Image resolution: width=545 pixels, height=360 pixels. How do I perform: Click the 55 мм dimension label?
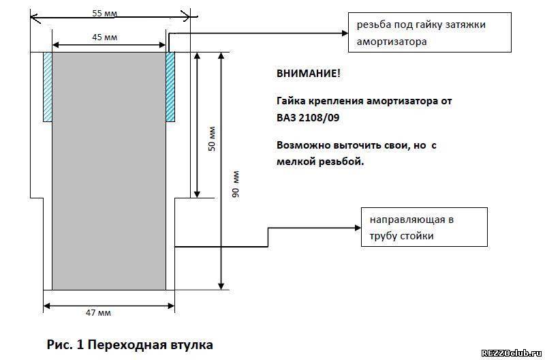105,14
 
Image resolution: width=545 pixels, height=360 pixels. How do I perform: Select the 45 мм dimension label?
105,37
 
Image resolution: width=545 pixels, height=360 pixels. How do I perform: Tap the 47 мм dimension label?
98,313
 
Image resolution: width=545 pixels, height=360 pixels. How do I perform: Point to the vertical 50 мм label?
212,138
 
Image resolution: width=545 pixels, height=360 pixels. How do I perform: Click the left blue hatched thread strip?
48,87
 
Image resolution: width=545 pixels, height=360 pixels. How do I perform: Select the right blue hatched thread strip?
170,87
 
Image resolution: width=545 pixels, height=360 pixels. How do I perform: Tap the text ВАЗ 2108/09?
308,117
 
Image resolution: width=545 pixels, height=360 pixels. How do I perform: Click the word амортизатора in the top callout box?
392,42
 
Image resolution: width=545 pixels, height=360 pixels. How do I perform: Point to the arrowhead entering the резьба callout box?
345,33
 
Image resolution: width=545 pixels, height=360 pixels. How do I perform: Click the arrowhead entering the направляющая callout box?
358,228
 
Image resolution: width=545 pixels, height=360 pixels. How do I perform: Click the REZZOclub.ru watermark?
512,353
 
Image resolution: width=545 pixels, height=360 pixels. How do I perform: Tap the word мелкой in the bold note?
296,162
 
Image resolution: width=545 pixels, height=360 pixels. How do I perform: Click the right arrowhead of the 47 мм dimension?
172,306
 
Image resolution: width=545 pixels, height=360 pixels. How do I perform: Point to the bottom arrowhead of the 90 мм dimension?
221,286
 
